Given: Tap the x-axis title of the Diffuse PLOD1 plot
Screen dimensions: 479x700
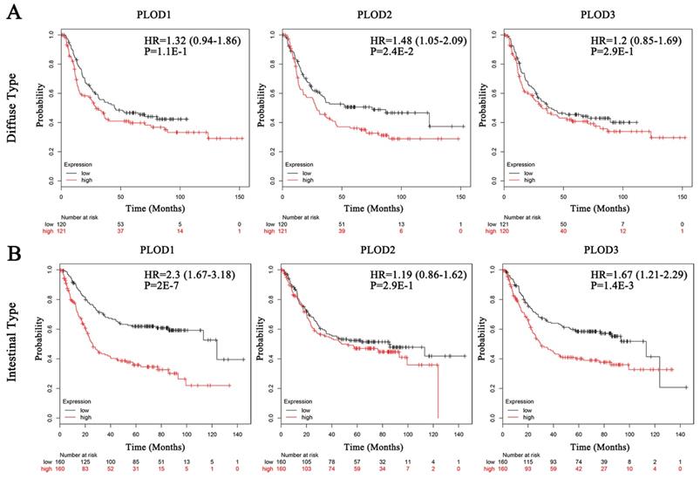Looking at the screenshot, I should [150, 210].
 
